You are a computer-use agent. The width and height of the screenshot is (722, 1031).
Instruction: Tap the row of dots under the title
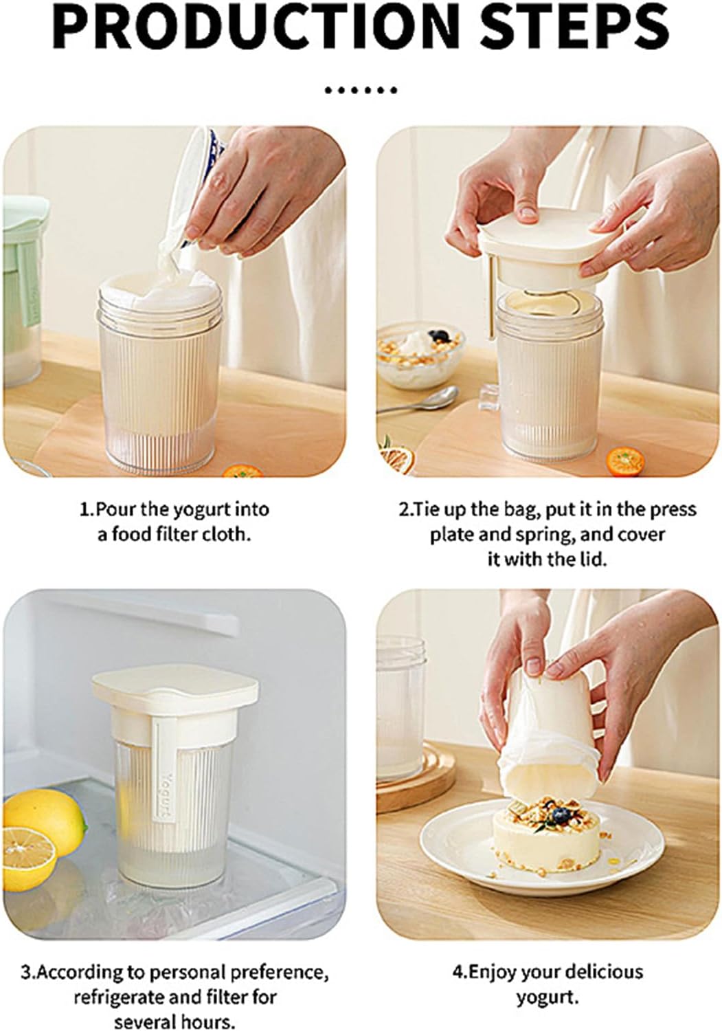coord(361,91)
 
